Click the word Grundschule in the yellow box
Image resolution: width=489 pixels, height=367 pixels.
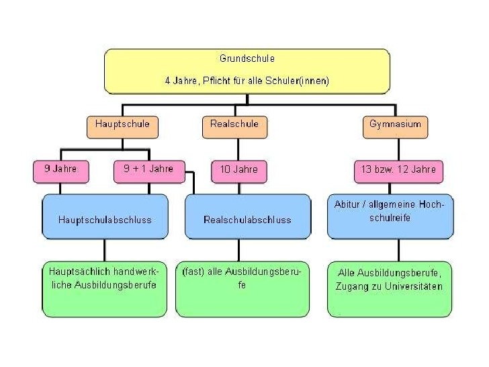[247, 58]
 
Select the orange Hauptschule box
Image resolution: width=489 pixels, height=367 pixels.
[122, 125]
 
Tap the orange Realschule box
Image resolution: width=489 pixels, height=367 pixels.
[234, 125]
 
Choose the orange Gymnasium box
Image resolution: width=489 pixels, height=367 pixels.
[395, 125]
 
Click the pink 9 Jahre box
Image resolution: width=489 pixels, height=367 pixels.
[60, 170]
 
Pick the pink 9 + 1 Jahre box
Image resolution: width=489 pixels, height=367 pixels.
[148, 170]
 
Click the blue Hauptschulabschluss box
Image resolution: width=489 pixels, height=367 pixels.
[105, 219]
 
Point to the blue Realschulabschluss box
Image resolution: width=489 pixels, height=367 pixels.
[247, 219]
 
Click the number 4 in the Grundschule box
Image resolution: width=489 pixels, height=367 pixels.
[168, 81]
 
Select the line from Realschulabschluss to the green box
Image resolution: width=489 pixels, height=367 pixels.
[238, 250]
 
